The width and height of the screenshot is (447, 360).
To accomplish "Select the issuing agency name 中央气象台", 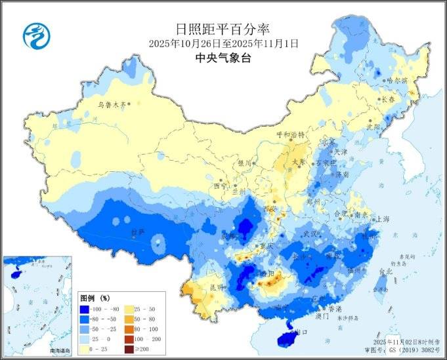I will [223, 58].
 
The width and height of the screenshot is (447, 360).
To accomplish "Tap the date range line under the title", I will [223, 43].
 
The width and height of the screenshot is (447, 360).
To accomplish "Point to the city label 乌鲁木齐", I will [111, 104].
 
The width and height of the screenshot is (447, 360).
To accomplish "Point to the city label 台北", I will [385, 270].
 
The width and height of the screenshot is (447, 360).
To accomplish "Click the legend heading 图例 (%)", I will [95, 296].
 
